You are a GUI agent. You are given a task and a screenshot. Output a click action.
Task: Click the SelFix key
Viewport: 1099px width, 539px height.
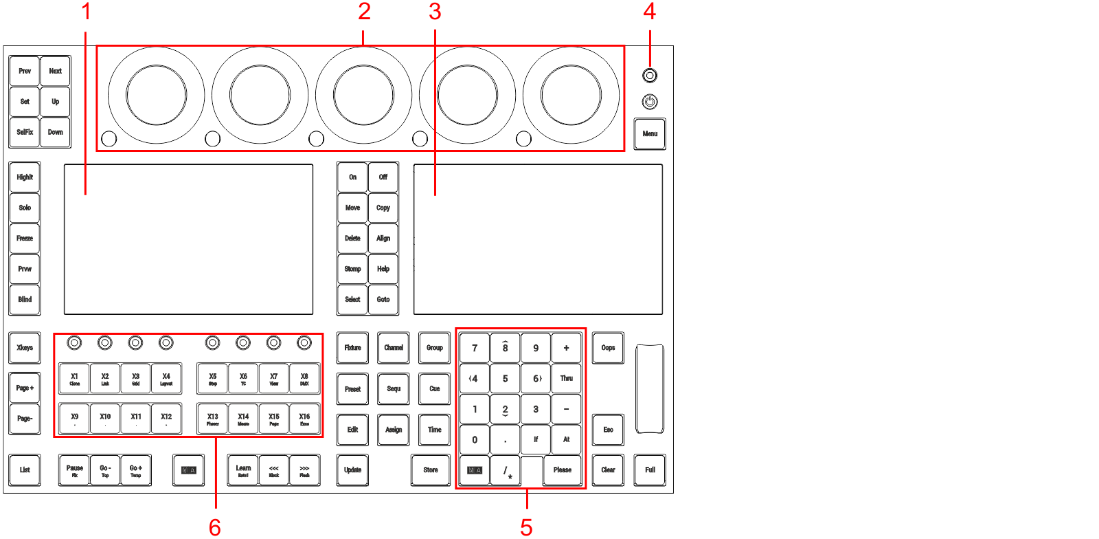point(25,132)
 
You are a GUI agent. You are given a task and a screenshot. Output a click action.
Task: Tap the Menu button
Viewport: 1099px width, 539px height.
point(650,134)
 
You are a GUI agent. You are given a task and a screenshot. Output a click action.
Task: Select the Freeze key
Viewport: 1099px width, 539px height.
point(25,239)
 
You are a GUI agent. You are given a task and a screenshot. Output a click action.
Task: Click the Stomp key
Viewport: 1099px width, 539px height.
point(352,269)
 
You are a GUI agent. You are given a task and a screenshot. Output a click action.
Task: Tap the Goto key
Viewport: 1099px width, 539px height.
point(383,300)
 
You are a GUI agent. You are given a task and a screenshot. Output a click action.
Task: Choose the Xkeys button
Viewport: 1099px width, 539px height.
point(25,348)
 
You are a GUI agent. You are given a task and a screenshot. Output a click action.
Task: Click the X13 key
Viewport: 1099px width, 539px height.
point(213,419)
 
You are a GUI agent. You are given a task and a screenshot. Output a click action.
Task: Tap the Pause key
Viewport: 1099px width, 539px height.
point(75,470)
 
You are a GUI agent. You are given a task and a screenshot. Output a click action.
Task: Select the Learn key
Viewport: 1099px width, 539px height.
point(243,470)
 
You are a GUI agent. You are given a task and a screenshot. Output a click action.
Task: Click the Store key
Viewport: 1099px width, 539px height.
point(431,470)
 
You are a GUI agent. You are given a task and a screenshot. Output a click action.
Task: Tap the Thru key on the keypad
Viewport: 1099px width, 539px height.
point(566,379)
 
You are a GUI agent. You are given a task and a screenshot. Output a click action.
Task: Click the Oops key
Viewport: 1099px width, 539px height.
point(608,348)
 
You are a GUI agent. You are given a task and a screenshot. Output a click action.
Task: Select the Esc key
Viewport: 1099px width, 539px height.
point(608,430)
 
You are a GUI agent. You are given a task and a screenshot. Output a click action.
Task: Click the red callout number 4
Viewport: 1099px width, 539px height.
point(649,11)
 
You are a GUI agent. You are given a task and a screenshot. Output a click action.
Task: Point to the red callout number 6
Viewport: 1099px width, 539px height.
point(215,527)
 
